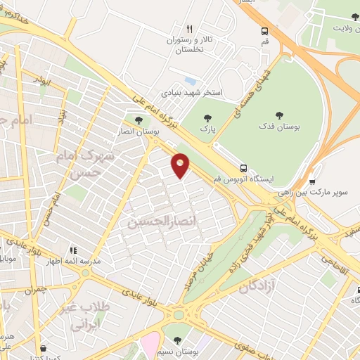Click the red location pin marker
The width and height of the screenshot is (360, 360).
click(x=181, y=165)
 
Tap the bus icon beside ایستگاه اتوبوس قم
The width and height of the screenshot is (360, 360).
click(x=243, y=169)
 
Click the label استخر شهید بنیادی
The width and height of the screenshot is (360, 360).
click(x=192, y=92)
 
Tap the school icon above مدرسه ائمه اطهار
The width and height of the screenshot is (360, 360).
click(x=72, y=250)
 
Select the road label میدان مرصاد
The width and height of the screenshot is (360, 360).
click(x=203, y=270)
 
